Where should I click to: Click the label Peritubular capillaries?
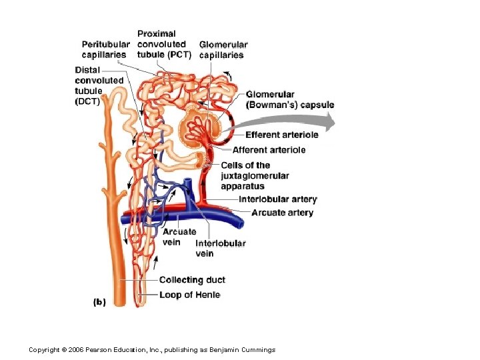coord(106,49)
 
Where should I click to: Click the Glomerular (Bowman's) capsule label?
coord(290,99)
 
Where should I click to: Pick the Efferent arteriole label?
coord(282,135)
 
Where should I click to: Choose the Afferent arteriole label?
coord(269,150)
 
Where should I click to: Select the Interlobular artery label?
coord(278,199)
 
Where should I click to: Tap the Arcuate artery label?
coord(283,213)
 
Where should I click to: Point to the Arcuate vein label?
coord(179,237)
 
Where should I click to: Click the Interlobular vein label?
coord(221,248)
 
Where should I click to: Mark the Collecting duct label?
coord(192,280)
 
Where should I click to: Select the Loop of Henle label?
coord(189,295)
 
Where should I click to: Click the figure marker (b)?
coord(99,301)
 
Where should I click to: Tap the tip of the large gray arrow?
coord(333,121)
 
